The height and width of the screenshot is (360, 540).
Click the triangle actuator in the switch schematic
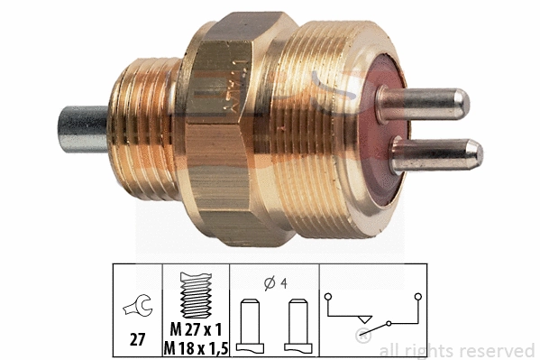click(362, 318)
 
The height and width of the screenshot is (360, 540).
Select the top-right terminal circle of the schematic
click(417, 295)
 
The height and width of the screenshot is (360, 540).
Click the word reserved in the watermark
click(498, 350)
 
